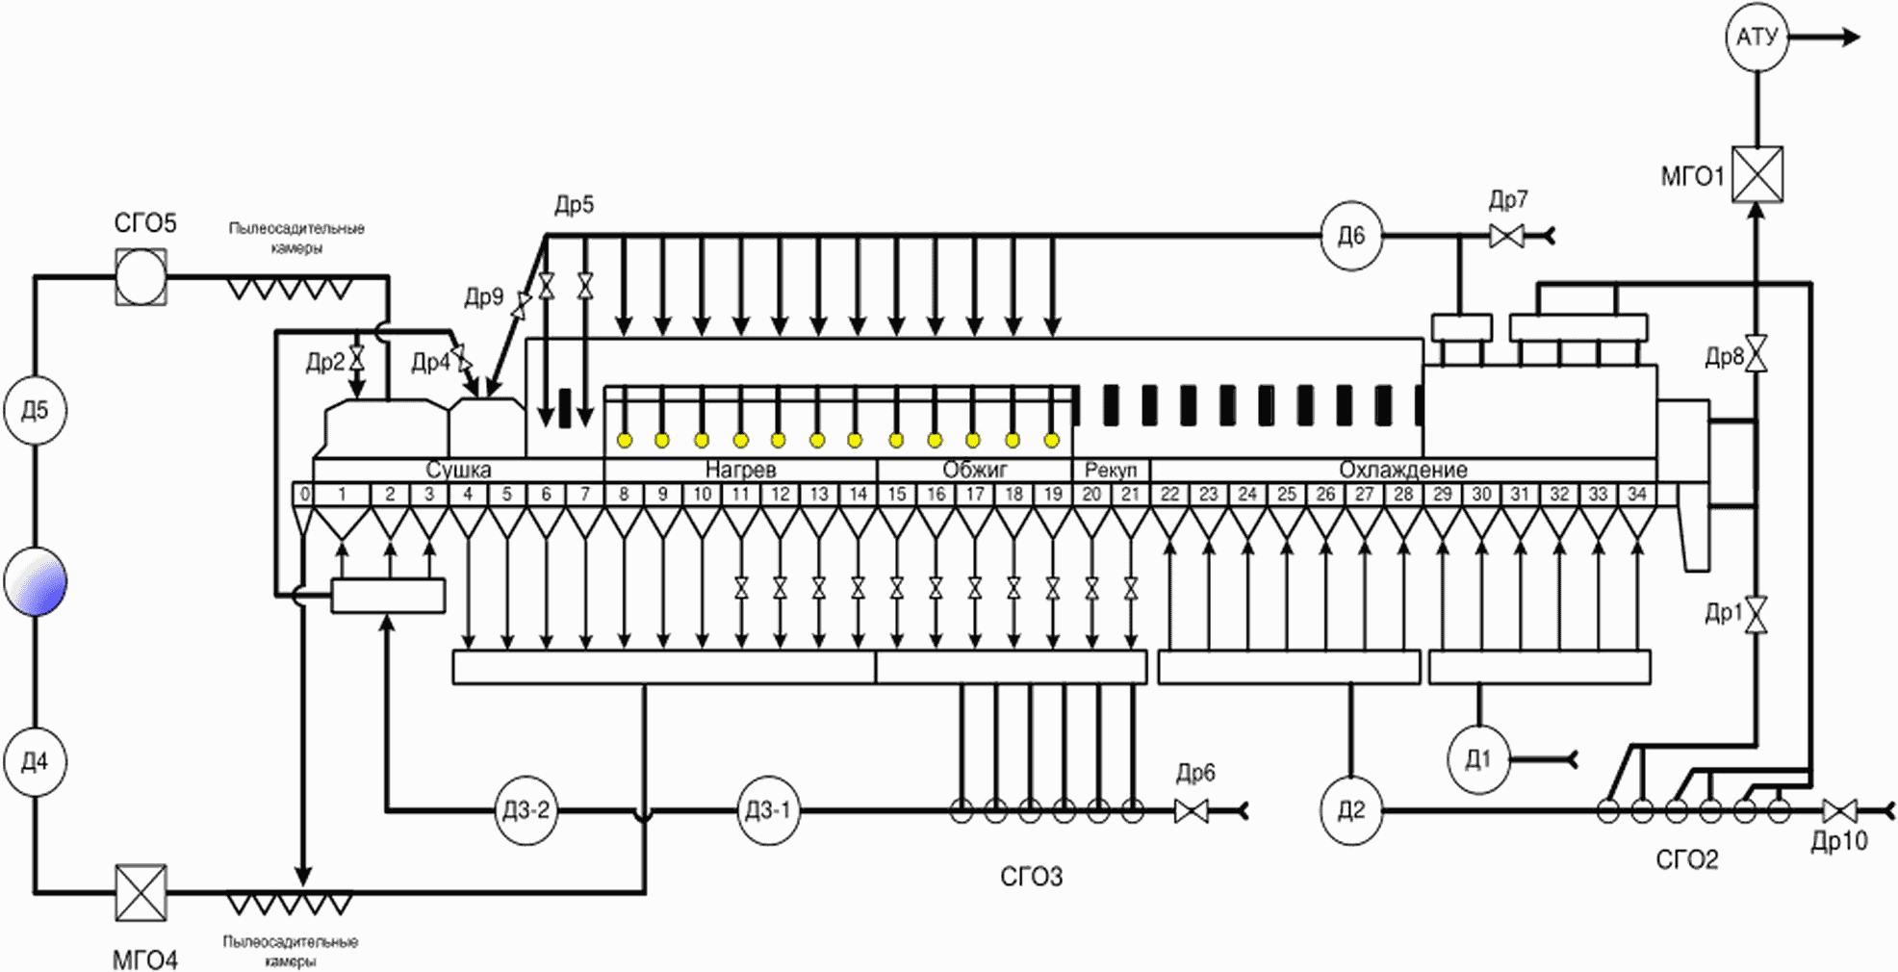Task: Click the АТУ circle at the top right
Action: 1757,38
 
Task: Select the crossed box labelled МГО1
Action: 1757,174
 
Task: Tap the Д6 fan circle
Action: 1351,236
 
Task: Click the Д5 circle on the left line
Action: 35,410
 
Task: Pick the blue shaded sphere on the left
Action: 36,581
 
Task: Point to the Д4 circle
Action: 35,762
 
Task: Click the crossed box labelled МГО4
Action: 141,892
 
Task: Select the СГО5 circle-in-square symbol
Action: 141,277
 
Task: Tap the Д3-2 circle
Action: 526,811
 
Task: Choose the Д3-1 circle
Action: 767,811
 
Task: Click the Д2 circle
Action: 1351,811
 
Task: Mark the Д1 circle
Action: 1478,760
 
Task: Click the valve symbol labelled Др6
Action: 1192,811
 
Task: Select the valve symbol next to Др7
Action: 1506,236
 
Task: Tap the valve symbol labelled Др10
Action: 1839,811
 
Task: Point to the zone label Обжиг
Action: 975,470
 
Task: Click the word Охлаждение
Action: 1403,470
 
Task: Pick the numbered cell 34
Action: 1637,494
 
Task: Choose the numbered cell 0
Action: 304,494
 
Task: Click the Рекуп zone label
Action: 1111,470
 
